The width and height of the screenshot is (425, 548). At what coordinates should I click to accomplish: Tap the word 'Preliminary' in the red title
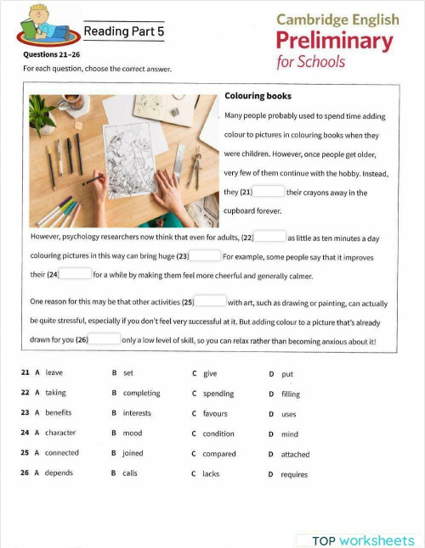(335, 41)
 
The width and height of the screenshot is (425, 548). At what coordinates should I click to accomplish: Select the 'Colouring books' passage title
(258, 97)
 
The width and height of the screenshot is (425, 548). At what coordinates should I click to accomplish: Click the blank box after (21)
(269, 192)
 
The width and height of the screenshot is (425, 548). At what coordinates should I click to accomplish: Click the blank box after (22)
(269, 237)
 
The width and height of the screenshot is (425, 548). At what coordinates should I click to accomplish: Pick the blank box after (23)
(205, 255)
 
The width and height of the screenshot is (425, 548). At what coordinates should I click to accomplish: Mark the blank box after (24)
(75, 274)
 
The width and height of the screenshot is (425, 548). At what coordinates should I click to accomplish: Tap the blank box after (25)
(211, 301)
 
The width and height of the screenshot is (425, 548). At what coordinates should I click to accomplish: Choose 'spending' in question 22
(218, 394)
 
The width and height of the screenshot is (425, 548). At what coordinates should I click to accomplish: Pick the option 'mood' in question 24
(132, 433)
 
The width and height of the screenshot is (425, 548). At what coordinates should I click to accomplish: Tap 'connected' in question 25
(62, 453)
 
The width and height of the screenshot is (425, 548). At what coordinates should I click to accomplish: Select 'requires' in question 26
(294, 474)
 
